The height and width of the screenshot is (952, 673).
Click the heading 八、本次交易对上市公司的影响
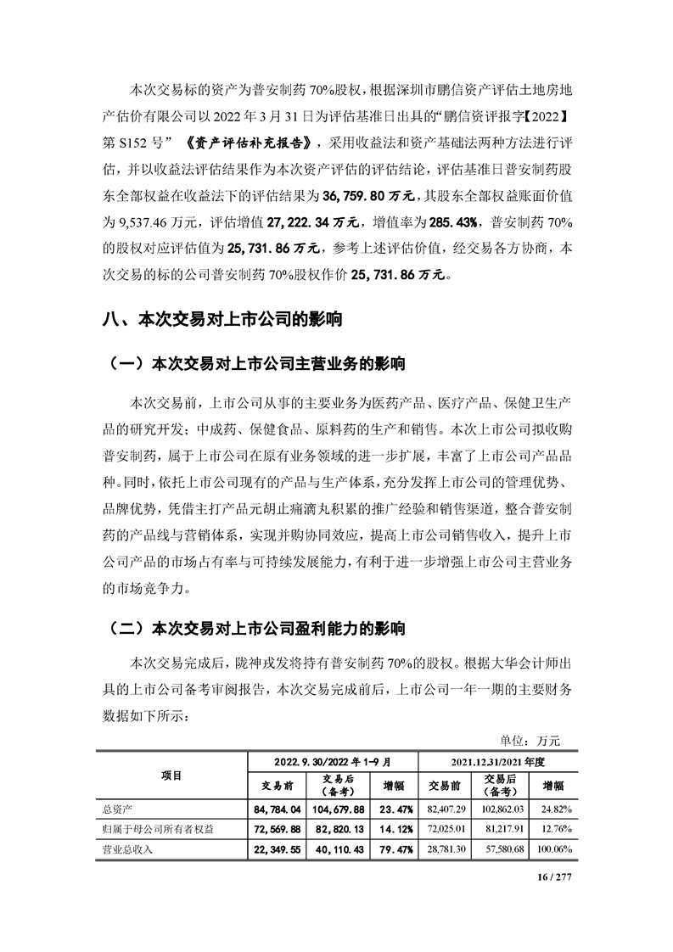pyautogui.click(x=224, y=320)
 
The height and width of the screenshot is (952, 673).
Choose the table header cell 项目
pyautogui.click(x=171, y=775)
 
